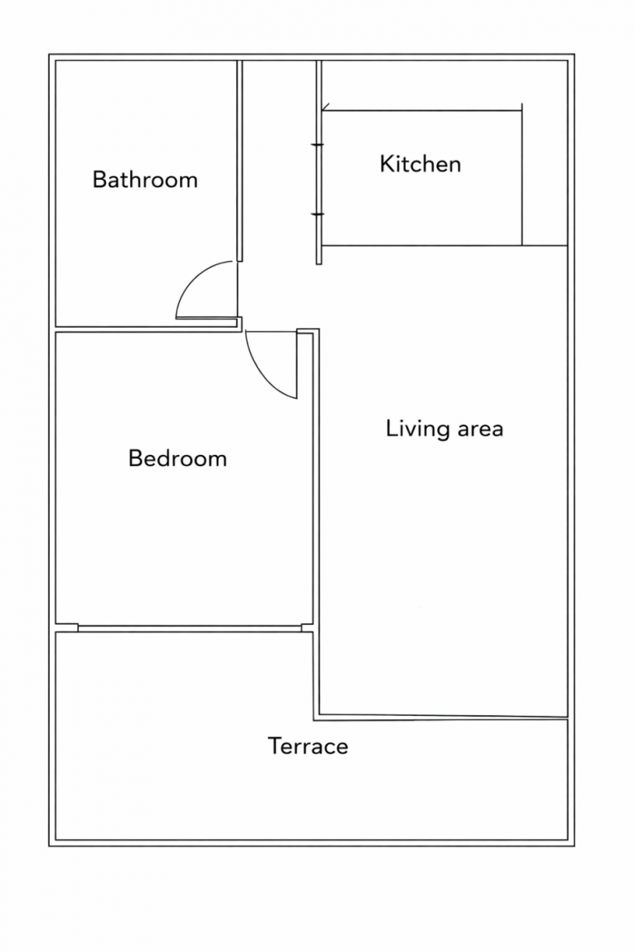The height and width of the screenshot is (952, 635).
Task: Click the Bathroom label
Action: tap(145, 180)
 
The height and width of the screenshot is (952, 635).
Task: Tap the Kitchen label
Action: tap(421, 164)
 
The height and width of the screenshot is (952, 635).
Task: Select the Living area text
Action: tap(444, 429)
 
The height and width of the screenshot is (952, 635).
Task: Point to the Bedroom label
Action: tap(177, 458)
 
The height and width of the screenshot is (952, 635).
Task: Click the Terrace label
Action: tap(308, 746)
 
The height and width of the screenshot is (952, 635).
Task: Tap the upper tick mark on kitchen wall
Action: tap(317, 145)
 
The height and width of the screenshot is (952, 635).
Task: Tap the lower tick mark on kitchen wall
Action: tap(317, 214)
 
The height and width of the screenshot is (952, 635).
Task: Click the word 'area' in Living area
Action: tap(480, 430)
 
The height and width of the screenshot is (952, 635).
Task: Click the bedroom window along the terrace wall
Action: tap(190, 628)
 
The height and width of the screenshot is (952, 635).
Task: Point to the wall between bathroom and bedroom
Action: tap(146, 330)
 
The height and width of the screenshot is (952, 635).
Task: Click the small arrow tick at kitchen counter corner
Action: tap(325, 107)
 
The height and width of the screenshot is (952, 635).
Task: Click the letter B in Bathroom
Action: tap(99, 180)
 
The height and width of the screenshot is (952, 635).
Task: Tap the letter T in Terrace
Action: tap(274, 746)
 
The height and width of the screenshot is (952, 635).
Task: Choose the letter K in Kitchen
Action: tap(386, 164)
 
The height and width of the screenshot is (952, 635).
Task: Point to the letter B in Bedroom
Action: tap(134, 458)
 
